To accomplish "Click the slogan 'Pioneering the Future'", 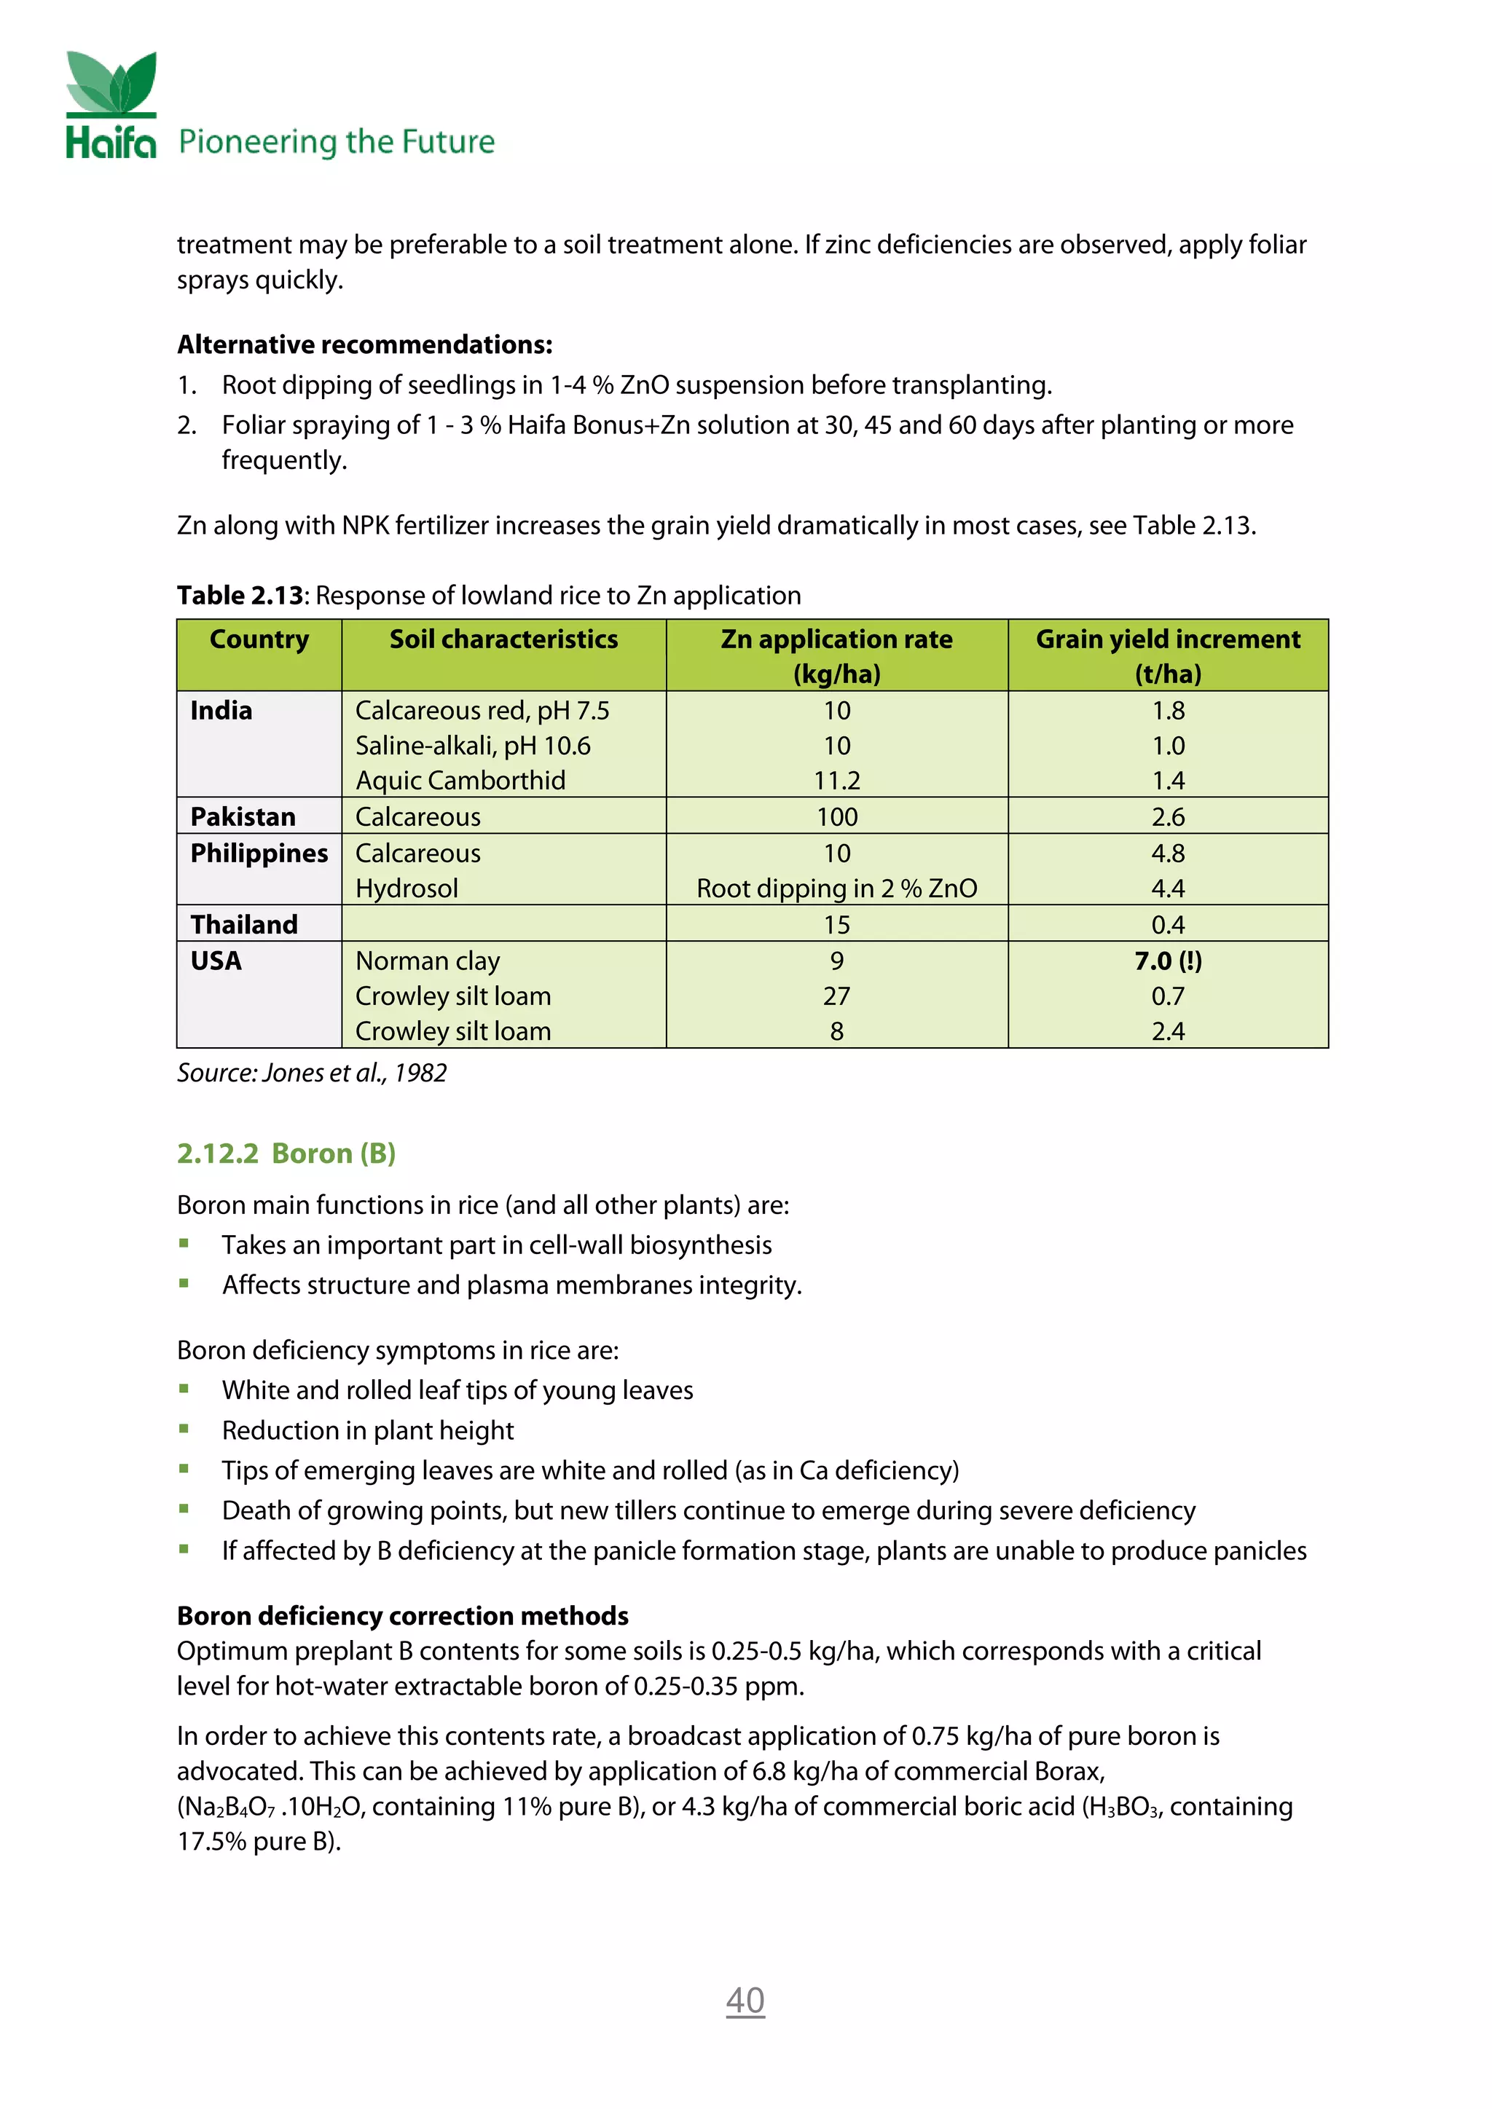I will click(x=337, y=143).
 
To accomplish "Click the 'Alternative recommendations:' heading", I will click(x=365, y=344).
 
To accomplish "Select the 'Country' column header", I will click(x=259, y=639).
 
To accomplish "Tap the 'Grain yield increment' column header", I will click(x=1167, y=639).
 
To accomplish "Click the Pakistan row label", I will click(x=243, y=816).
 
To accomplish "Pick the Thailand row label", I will click(x=244, y=924).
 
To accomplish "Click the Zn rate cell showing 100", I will click(x=837, y=816).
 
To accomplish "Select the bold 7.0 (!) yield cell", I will click(x=1168, y=961).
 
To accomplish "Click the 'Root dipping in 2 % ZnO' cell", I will click(x=837, y=888).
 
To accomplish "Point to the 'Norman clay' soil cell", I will click(x=428, y=961).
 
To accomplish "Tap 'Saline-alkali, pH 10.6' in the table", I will click(x=473, y=746).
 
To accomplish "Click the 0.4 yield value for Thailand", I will click(x=1168, y=924).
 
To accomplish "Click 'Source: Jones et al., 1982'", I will click(x=312, y=1073).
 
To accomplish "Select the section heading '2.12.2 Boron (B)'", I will click(x=286, y=1154).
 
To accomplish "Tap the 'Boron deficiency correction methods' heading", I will click(x=402, y=1616).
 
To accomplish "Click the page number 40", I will click(x=745, y=2000).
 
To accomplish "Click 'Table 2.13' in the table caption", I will click(x=240, y=596).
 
